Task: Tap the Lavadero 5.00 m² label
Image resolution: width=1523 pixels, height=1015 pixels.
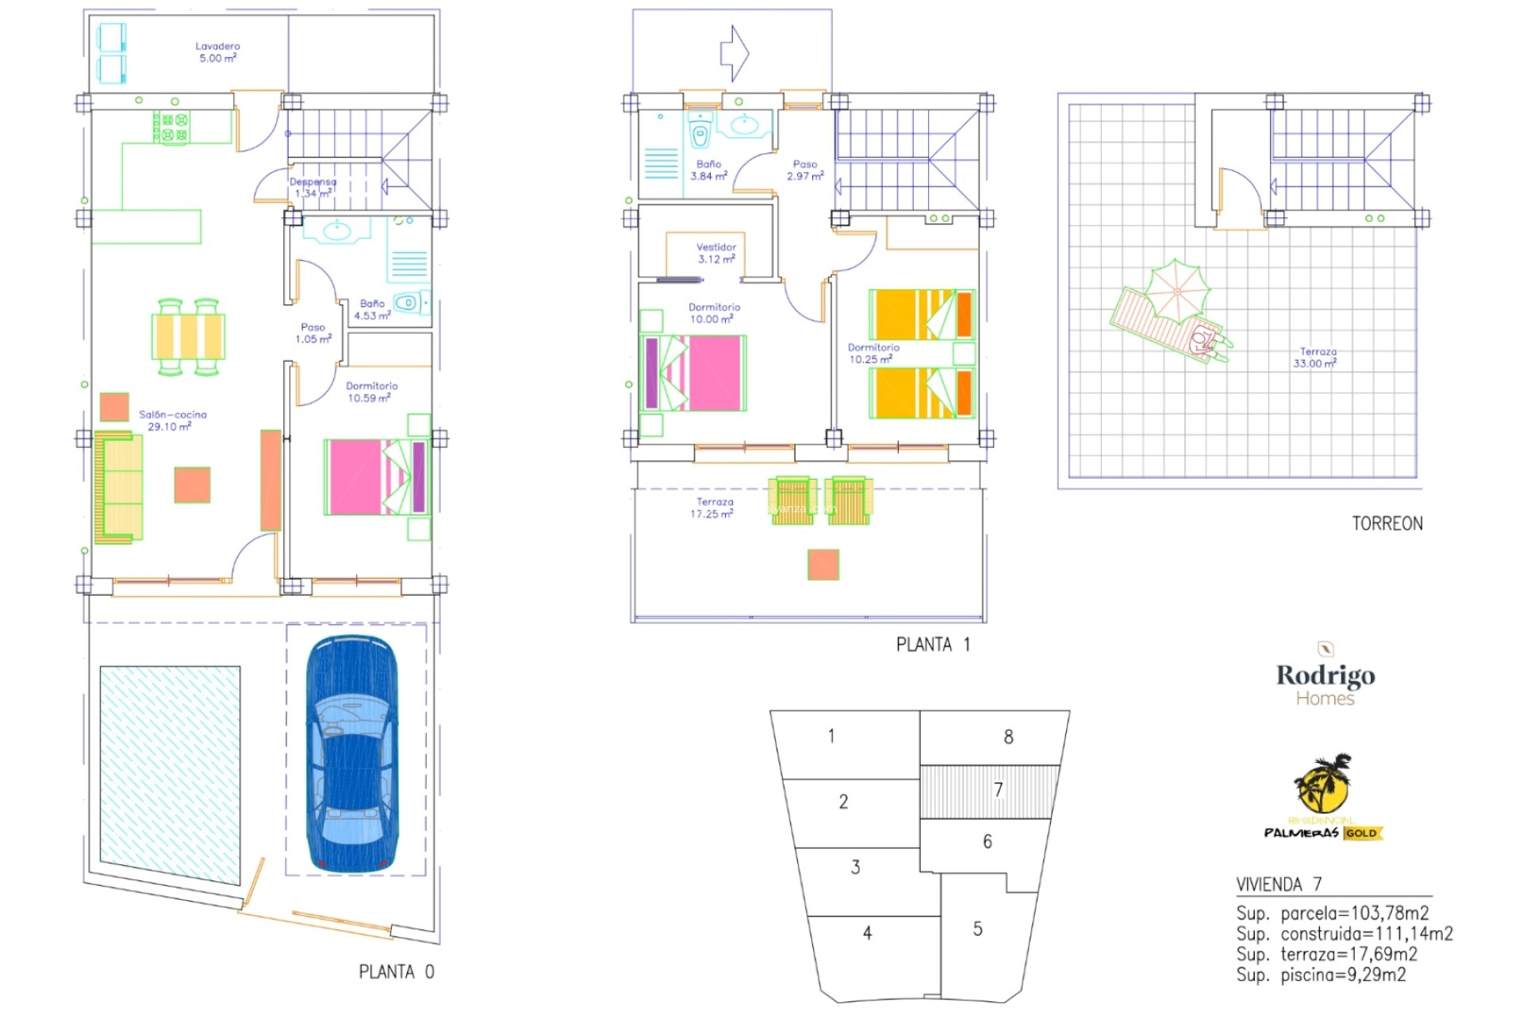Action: tap(217, 52)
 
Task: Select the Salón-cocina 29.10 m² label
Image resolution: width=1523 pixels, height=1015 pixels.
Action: tap(172, 420)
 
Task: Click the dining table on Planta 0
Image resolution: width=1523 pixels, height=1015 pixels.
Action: tap(188, 336)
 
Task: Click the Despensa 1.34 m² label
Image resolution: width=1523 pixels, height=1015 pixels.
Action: tap(313, 187)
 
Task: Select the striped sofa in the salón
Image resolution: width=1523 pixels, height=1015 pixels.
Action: tap(119, 487)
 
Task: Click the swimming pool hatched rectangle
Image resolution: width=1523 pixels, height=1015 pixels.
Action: tap(170, 774)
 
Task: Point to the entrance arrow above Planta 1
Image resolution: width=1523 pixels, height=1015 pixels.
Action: tap(735, 53)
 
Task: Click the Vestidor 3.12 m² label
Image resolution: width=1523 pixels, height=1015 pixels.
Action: tap(716, 253)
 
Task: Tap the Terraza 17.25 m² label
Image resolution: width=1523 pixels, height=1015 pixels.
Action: tap(714, 507)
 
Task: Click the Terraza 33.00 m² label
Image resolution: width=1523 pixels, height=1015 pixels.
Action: tap(1317, 358)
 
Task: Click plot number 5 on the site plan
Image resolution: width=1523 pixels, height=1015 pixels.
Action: tap(977, 929)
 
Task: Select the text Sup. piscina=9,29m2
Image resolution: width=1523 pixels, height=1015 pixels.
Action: tap(1321, 975)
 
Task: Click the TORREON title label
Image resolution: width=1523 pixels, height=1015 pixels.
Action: tap(1387, 523)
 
